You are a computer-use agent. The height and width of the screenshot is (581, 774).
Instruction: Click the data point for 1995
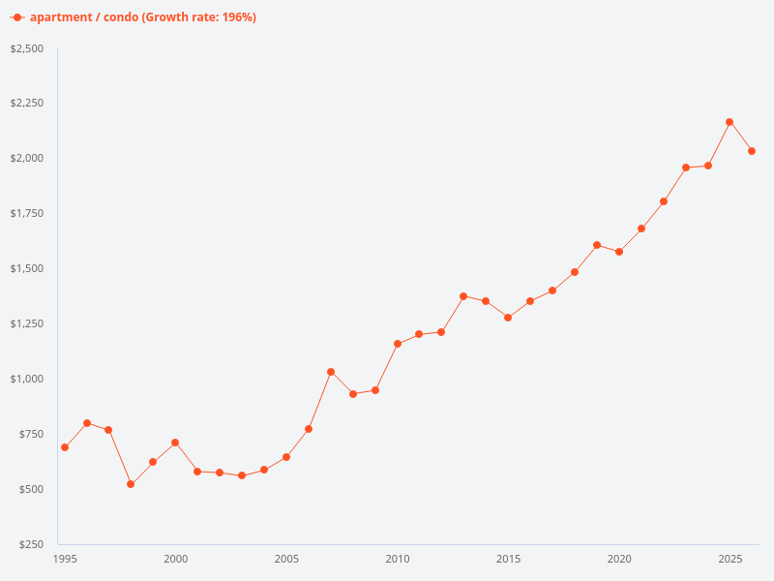point(65,447)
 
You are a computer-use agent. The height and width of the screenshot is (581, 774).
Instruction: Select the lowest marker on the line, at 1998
point(131,484)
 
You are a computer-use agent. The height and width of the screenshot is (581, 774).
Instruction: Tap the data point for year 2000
point(175,443)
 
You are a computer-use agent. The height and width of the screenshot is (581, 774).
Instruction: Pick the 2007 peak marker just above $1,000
point(331,372)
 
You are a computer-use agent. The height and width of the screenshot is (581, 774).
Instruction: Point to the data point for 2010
point(398,344)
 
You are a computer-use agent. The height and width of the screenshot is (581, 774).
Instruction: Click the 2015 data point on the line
point(508,318)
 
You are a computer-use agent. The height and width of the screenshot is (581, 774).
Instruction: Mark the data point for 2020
point(619,252)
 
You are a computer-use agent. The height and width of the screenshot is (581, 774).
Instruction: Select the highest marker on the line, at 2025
point(729,122)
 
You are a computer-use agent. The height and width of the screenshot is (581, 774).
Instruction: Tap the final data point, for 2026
point(752,151)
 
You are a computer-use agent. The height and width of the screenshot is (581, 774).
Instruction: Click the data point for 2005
point(286,457)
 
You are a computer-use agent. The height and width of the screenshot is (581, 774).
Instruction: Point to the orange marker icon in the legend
point(17,17)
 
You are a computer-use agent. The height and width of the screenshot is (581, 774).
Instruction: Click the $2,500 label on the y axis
point(27,48)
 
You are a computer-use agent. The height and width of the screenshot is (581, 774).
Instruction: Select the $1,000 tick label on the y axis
point(27,379)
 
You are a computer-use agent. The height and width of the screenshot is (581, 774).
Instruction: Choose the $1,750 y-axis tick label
point(27,214)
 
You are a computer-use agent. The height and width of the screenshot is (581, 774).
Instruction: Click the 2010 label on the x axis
point(398,559)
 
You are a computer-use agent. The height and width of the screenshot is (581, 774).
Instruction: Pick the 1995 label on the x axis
point(65,559)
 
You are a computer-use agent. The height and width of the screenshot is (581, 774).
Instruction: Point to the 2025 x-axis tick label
point(729,559)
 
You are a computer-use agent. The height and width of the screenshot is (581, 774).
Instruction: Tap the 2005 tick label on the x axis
point(286,559)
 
